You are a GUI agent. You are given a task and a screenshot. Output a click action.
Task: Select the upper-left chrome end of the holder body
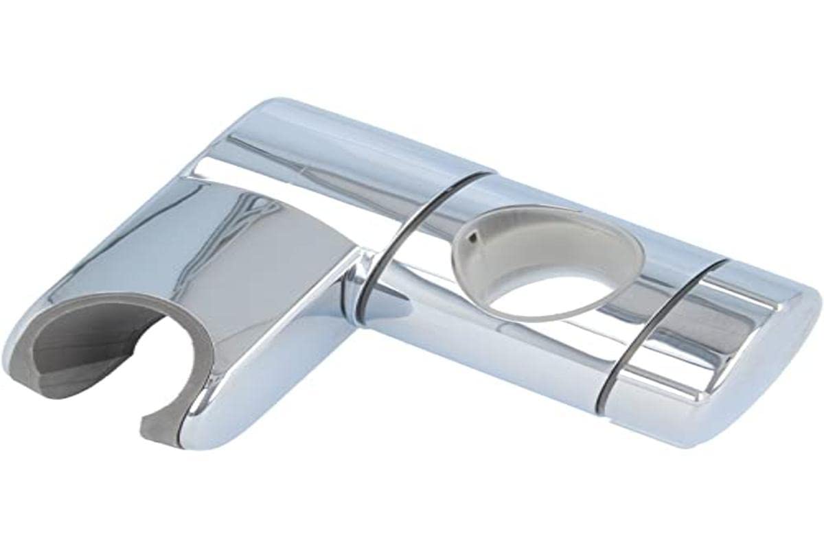pos(275,130)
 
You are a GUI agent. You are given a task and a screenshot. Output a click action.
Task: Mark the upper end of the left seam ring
pos(481,177)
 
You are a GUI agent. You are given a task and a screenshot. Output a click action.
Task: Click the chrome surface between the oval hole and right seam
pos(673,274)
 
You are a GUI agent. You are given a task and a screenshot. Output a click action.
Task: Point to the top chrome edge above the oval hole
pos(549,192)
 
